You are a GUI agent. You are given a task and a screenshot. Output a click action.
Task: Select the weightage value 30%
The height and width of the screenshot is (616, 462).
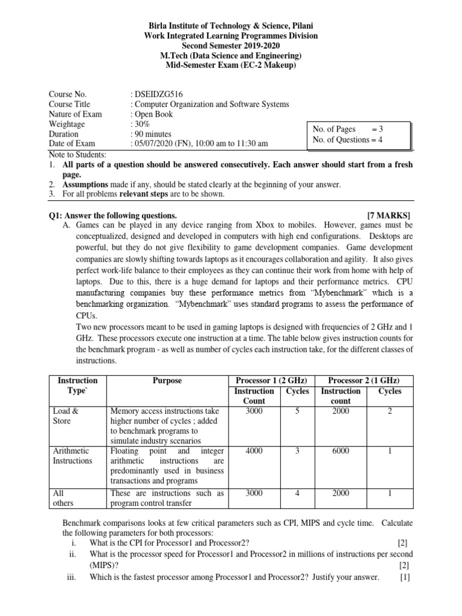(x=142, y=124)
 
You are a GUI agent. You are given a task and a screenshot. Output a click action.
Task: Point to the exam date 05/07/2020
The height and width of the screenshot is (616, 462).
(x=153, y=144)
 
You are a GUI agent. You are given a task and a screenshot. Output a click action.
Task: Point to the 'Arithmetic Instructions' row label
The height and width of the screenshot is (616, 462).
(x=71, y=455)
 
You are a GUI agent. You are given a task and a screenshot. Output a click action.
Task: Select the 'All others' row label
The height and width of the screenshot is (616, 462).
(x=60, y=498)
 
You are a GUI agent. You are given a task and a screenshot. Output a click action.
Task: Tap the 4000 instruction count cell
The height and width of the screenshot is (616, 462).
(x=254, y=451)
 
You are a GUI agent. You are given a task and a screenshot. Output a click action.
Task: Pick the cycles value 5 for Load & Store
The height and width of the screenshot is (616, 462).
(x=297, y=411)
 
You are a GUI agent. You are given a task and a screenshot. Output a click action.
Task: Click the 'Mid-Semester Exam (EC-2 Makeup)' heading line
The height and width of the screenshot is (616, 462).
(x=231, y=66)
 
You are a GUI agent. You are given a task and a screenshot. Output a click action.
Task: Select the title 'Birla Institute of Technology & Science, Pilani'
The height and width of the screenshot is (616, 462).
(x=231, y=27)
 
